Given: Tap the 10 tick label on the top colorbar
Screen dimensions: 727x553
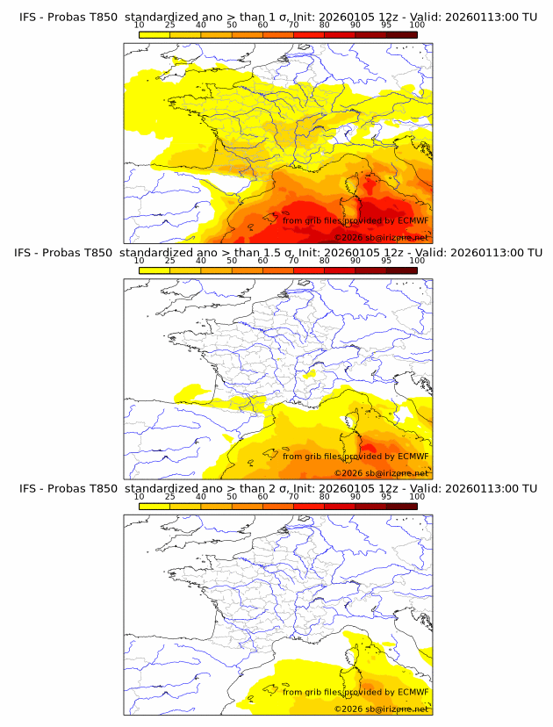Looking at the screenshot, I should click(x=139, y=25).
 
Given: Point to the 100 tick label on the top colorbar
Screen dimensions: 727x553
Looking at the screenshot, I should click(x=417, y=25).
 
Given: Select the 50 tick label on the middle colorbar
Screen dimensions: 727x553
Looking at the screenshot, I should click(x=232, y=261).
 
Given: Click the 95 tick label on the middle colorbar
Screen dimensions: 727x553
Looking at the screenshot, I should click(x=386, y=261).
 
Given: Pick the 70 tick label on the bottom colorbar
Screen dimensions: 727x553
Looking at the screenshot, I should click(x=293, y=496).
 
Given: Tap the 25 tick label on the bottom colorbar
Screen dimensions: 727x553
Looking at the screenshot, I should click(x=169, y=496).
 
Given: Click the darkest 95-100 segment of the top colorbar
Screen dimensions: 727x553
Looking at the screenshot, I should click(x=401, y=35).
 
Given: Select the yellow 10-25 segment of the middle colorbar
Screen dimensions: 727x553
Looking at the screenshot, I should click(x=154, y=270).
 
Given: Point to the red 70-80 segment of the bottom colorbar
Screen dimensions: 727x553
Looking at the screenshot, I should click(x=308, y=506).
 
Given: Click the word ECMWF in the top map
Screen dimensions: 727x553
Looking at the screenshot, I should click(x=413, y=220).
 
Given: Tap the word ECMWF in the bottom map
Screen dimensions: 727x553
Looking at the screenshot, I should click(x=413, y=692).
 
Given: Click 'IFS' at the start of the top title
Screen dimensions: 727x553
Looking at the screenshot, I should click(x=28, y=17).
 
